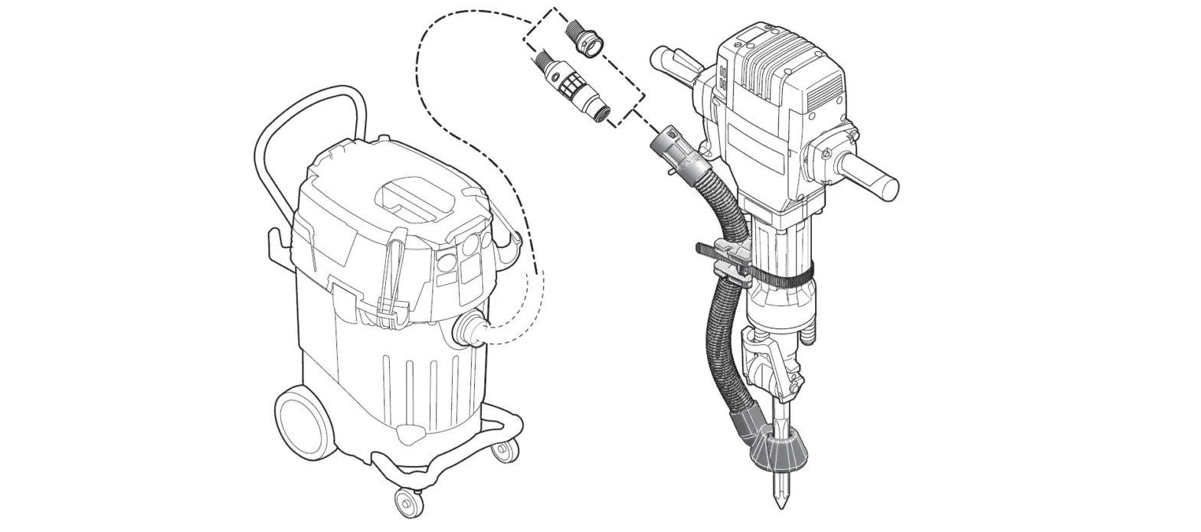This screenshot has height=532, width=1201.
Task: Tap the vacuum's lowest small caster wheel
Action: click(x=408, y=502)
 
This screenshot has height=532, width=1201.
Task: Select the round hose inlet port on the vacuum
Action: click(x=468, y=331)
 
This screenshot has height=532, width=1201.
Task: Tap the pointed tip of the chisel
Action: click(x=780, y=501)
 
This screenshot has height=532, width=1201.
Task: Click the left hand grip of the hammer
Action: click(x=674, y=61)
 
